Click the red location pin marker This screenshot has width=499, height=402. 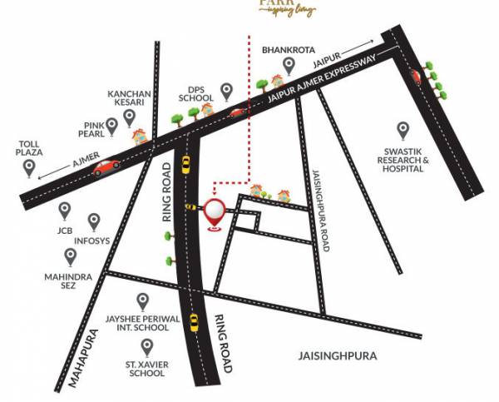pos(215,213)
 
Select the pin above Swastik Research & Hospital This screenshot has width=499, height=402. pos(403,131)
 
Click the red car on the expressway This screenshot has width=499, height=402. pos(106,167)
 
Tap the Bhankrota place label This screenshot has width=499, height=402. pos(288,50)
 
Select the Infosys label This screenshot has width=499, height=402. pos(91,241)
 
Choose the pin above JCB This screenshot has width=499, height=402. pos(64,210)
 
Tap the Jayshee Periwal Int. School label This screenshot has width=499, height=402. pos(142,323)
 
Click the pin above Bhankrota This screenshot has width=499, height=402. pos(289,65)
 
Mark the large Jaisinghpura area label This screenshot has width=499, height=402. pos(337,355)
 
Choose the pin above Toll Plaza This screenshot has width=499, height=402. pos(30,169)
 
